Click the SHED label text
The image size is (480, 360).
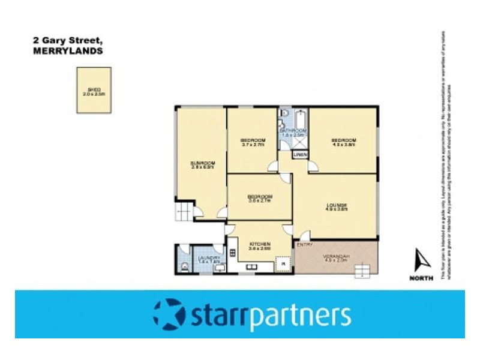click(x=93, y=89)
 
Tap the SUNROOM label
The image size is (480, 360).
click(x=203, y=163)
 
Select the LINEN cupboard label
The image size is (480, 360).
click(x=300, y=155)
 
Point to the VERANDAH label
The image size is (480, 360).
click(x=338, y=257)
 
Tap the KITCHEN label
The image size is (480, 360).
click(x=260, y=244)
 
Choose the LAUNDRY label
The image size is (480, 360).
click(x=209, y=258)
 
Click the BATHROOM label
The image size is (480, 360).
click(x=294, y=131)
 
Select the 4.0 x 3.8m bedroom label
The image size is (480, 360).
click(x=344, y=141)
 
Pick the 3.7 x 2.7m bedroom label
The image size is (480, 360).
click(x=251, y=141)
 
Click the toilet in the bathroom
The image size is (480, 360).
click(x=284, y=115)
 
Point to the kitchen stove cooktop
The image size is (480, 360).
click(x=282, y=262)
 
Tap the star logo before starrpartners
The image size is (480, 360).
click(x=169, y=313)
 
